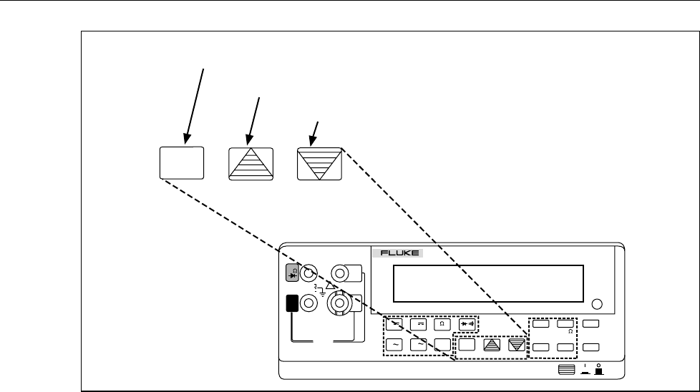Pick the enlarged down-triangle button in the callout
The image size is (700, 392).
pos(320,163)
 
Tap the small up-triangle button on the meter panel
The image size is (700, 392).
pos(492,345)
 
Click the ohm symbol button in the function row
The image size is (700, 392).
pos(443,323)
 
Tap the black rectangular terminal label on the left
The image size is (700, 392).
pos(292,303)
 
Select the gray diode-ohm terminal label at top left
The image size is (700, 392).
pos(292,273)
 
